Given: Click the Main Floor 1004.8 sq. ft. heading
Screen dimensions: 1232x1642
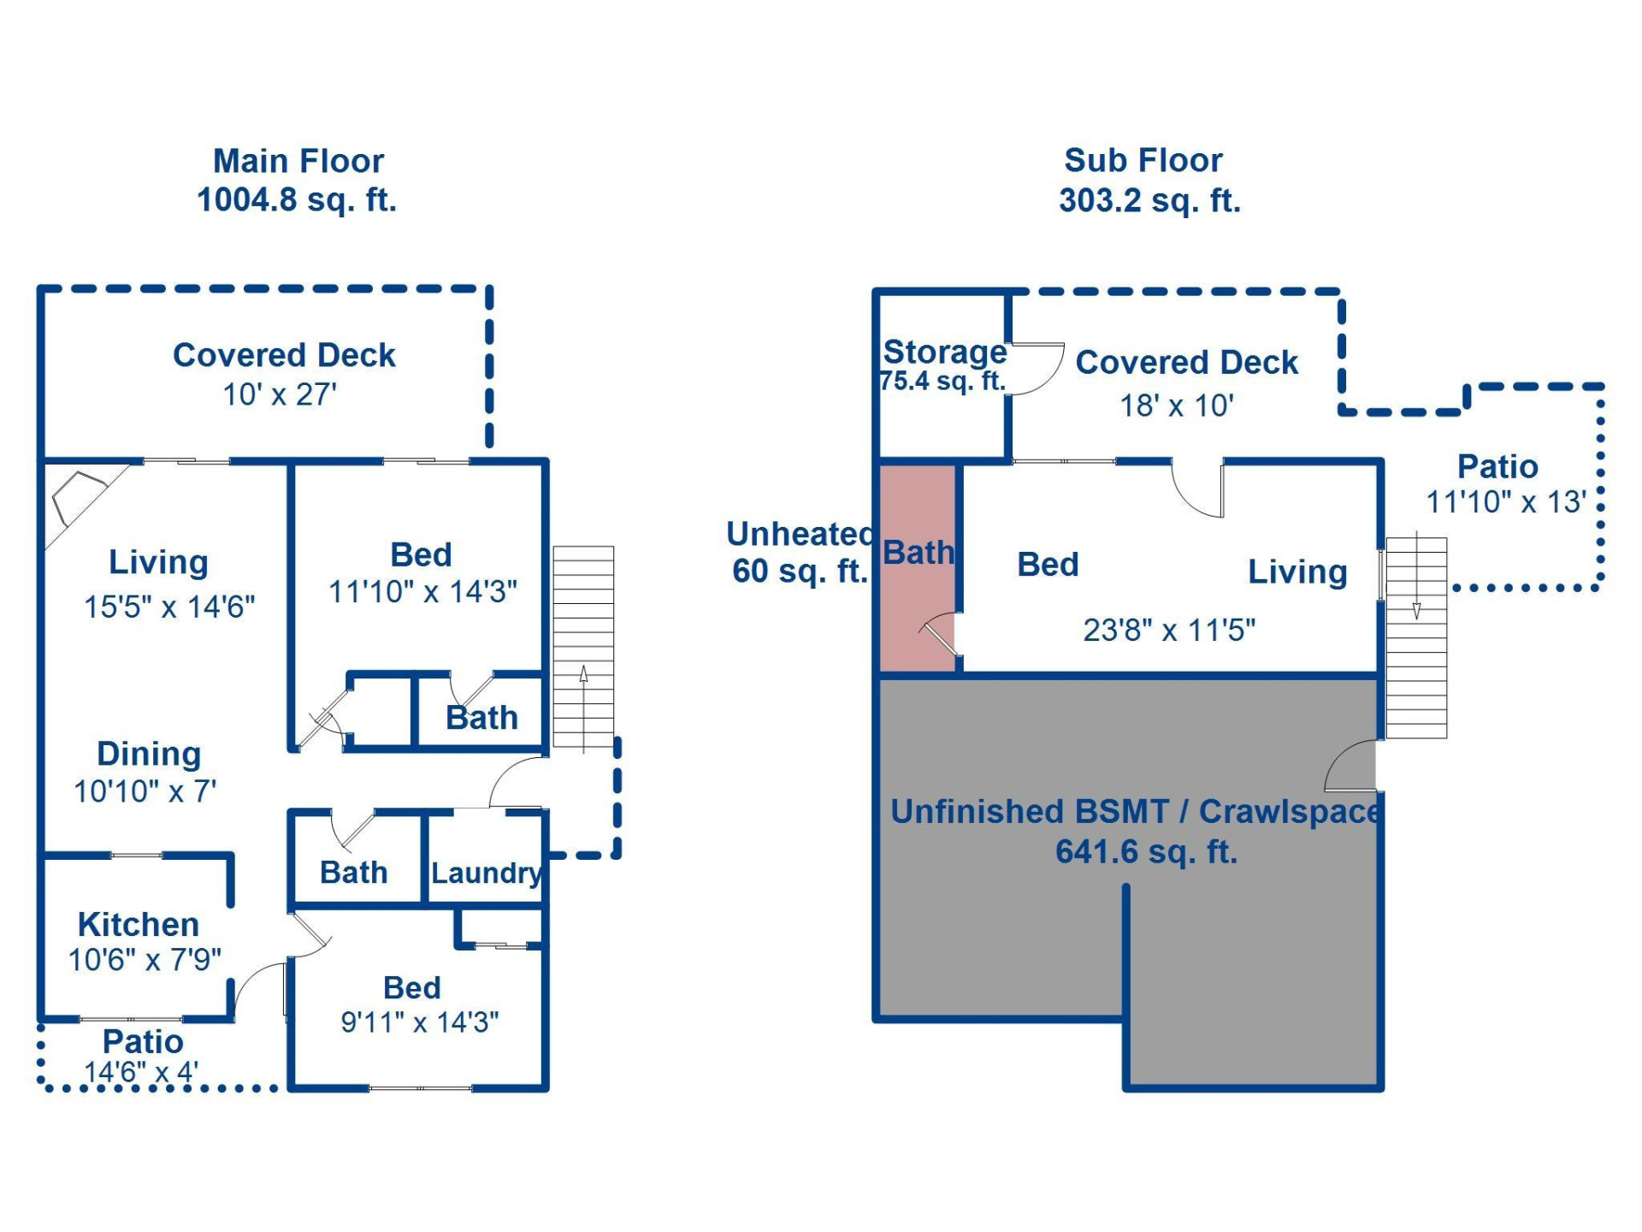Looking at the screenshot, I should click(298, 181).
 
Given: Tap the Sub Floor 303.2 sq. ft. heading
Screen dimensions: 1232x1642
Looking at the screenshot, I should click(1149, 181).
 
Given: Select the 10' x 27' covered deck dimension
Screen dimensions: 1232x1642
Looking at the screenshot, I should click(280, 395).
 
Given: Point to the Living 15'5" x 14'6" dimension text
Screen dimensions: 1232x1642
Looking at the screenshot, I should click(169, 607).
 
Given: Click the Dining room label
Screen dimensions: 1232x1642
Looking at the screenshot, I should click(149, 754).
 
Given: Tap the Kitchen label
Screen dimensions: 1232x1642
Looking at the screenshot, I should click(139, 925).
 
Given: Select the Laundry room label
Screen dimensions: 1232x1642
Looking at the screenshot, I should click(486, 874).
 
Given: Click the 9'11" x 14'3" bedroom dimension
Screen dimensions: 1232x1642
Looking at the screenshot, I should click(419, 1022).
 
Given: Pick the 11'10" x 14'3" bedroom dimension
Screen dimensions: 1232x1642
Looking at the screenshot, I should click(422, 592).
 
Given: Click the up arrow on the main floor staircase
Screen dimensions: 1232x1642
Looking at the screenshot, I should click(583, 676).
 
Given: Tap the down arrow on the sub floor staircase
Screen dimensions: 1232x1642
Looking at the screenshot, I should click(1416, 609).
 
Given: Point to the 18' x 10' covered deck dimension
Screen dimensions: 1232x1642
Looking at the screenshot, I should click(1177, 406).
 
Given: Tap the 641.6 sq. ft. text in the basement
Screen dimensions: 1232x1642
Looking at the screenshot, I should click(1146, 852).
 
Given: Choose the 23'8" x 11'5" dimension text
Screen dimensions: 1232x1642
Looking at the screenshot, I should click(1169, 631).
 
